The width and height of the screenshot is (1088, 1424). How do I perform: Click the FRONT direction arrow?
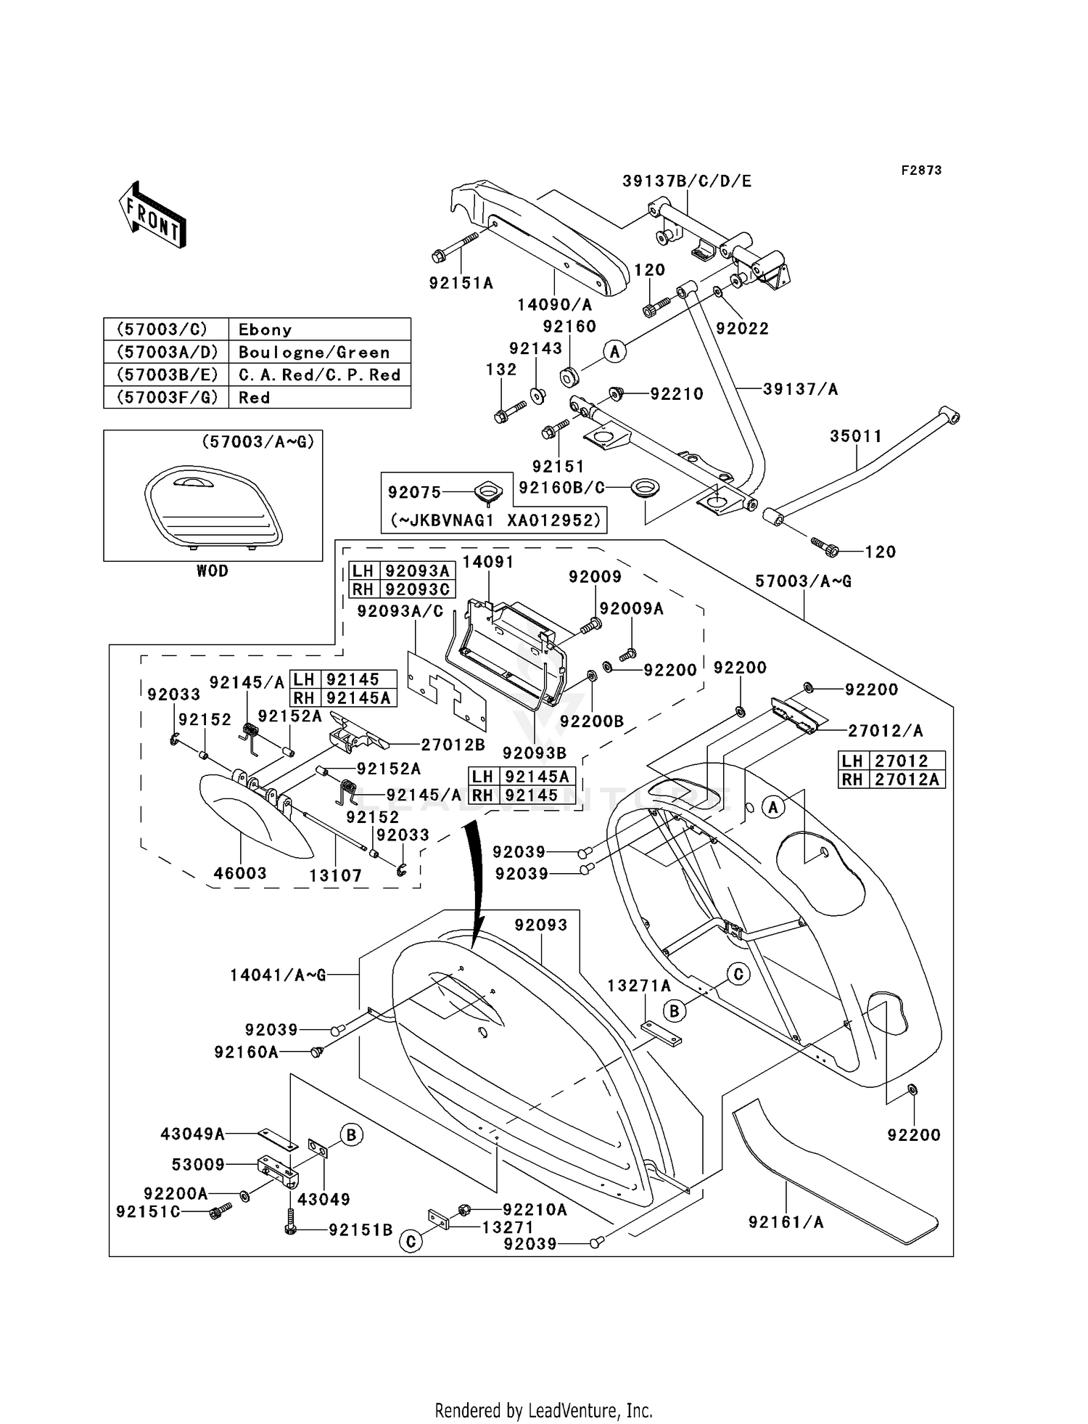pyautogui.click(x=153, y=215)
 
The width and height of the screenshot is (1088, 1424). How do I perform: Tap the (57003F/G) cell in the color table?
pyautogui.click(x=166, y=397)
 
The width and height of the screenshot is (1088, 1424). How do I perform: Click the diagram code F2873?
pyautogui.click(x=921, y=170)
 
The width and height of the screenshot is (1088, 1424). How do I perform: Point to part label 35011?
pyautogui.click(x=856, y=436)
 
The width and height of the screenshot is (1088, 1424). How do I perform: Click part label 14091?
pyautogui.click(x=487, y=562)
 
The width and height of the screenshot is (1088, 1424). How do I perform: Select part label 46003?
pyautogui.click(x=239, y=873)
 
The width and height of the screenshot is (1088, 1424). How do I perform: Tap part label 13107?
pyautogui.click(x=335, y=876)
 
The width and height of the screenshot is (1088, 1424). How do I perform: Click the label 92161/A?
pyautogui.click(x=786, y=1222)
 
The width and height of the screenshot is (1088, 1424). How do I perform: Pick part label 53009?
pyautogui.click(x=198, y=1164)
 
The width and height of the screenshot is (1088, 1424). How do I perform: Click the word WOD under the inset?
pyautogui.click(x=212, y=571)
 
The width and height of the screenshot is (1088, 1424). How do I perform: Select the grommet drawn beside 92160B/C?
pyautogui.click(x=641, y=488)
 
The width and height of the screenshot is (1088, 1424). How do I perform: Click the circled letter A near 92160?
pyautogui.click(x=615, y=352)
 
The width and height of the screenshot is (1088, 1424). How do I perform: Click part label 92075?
pyautogui.click(x=414, y=492)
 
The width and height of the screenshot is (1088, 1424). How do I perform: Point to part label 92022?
pyautogui.click(x=742, y=328)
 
